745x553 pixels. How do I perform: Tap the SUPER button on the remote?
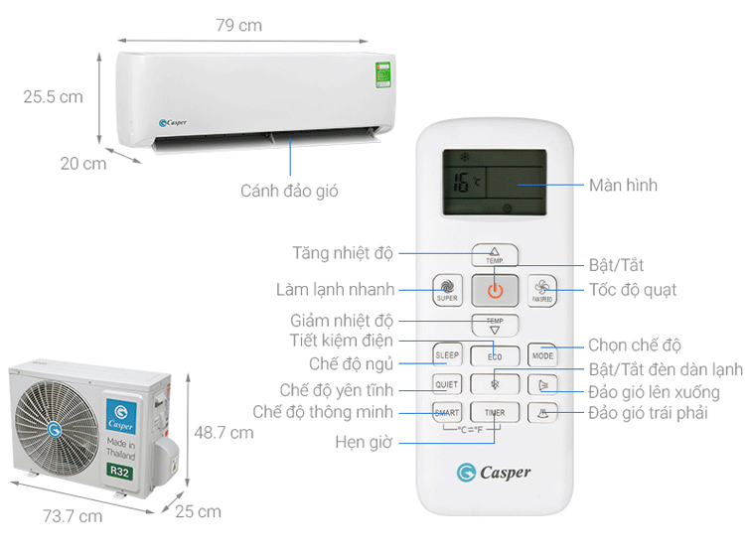447,290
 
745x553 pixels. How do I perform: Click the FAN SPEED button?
541,290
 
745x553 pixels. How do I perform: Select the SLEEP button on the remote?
447,354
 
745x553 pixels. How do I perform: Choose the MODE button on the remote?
541,354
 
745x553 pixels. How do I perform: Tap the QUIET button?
447,383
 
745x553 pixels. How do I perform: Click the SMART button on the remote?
447,411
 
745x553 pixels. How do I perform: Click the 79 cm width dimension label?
238,25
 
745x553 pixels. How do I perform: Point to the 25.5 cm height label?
54,97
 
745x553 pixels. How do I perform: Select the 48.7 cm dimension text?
223,432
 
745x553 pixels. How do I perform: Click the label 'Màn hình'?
623,185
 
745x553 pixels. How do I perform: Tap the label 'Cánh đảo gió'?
289,190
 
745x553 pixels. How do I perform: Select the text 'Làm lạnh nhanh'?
336,290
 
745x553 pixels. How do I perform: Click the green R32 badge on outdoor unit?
119,471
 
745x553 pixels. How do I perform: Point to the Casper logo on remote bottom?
494,472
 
